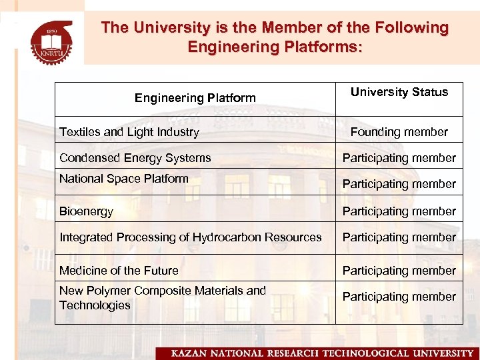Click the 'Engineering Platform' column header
(x=195, y=98)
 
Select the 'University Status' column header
(x=399, y=92)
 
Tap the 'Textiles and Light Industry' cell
(x=129, y=132)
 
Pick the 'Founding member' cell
(x=399, y=132)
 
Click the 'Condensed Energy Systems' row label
(x=135, y=158)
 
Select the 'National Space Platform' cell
(x=124, y=179)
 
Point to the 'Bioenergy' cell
(x=86, y=211)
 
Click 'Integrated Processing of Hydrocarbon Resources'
(x=190, y=237)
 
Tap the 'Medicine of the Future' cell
(x=119, y=271)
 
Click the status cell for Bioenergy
(x=399, y=211)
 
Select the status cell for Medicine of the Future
(x=399, y=271)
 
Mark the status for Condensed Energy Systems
(x=399, y=158)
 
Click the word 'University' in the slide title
(x=169, y=28)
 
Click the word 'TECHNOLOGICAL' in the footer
(x=356, y=353)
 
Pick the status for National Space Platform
(x=399, y=184)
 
